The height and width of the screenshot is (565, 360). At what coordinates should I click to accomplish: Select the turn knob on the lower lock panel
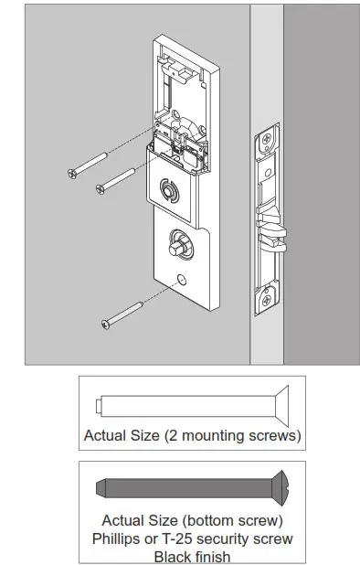(x=175, y=245)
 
